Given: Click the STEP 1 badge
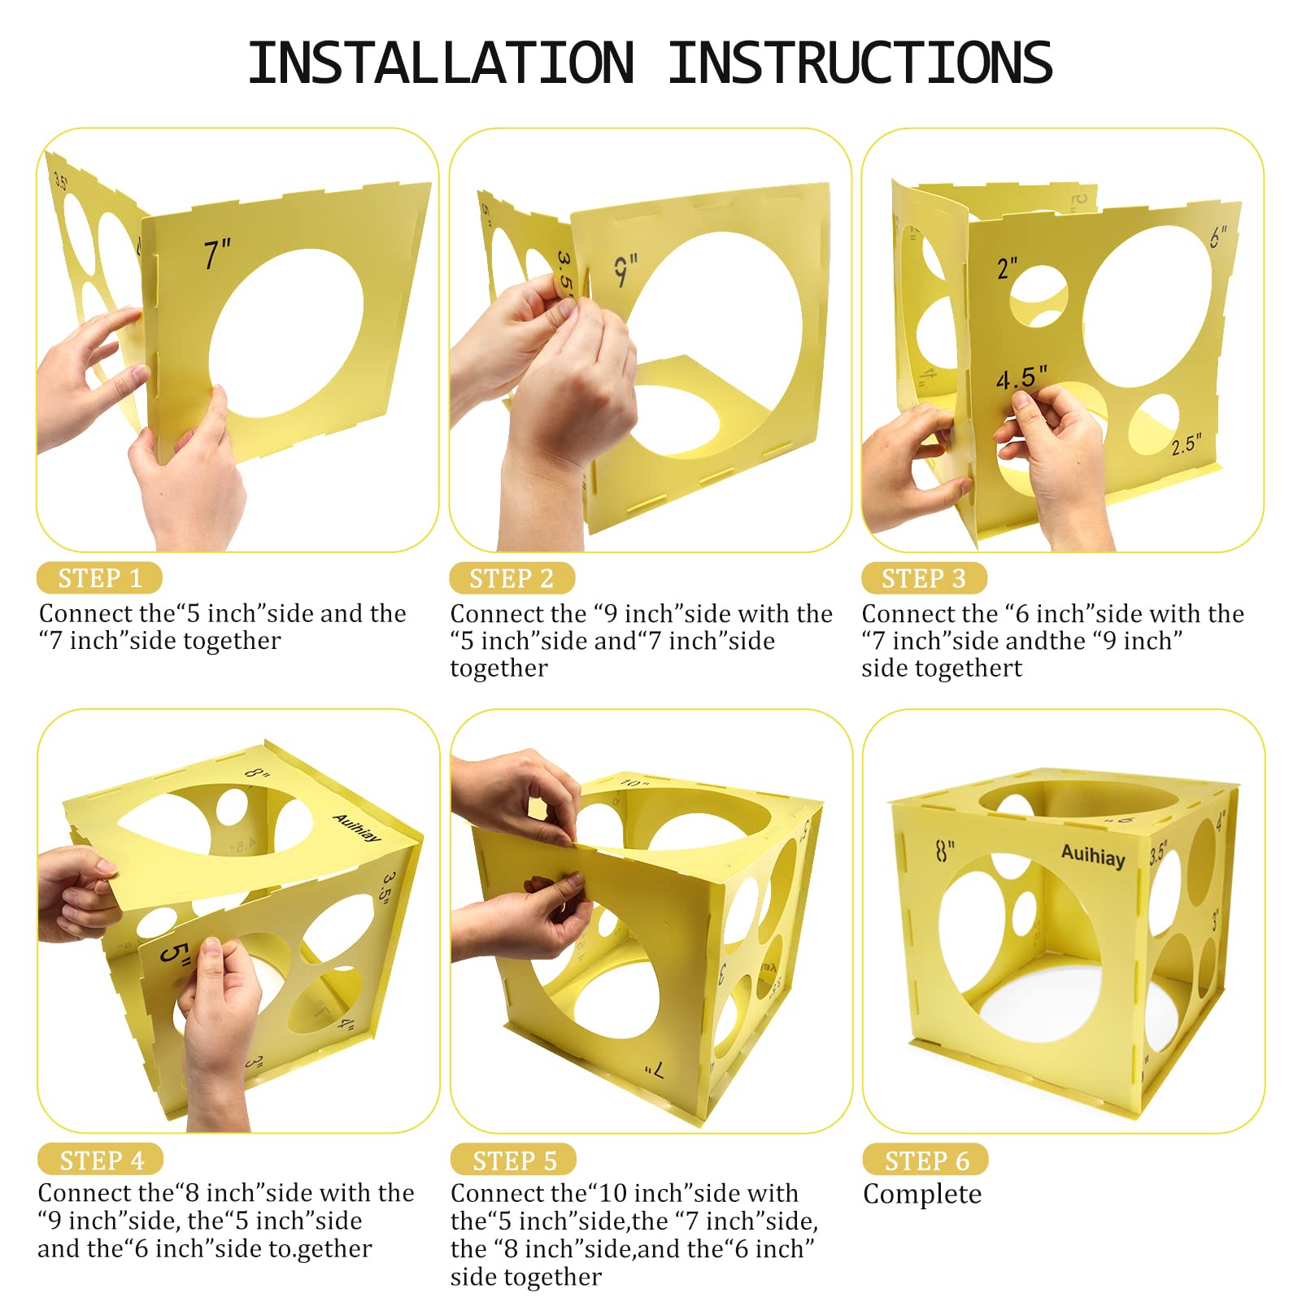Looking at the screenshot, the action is (99, 578).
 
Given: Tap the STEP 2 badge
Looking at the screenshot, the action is (512, 578).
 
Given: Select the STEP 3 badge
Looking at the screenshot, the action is (924, 578).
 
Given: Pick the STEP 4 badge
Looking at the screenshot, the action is (101, 1160).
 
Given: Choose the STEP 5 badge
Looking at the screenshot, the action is (514, 1160).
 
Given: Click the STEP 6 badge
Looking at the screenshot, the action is (926, 1160).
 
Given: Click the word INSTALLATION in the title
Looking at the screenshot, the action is (442, 63).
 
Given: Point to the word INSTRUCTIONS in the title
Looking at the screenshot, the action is (860, 63).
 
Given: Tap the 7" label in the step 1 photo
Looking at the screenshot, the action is (218, 254).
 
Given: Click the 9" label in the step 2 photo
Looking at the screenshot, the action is (625, 270).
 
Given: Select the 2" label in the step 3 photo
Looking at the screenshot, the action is (1008, 268).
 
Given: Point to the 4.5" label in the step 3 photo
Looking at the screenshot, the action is (1021, 377).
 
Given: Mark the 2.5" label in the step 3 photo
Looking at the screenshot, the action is (1186, 444).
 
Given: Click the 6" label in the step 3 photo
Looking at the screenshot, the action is (1217, 237).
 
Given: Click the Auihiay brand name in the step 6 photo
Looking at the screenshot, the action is (1094, 856).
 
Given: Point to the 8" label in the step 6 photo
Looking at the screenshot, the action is (945, 851).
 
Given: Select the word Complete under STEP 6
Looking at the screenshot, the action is (922, 1194).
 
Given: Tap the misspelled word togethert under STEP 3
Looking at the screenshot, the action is (942, 668).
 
